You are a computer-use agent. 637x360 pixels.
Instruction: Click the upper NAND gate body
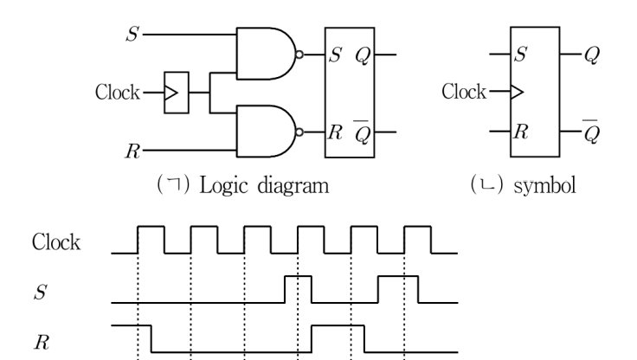(266, 54)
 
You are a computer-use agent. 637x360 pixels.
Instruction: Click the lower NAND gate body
(266, 132)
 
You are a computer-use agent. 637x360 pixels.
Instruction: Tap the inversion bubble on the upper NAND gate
(299, 55)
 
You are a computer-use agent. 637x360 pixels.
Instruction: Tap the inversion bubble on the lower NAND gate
(299, 132)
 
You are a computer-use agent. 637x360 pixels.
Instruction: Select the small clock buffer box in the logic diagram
(177, 93)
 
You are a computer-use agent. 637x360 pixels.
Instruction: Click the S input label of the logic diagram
(132, 34)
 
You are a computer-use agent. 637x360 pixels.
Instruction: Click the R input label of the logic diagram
(132, 151)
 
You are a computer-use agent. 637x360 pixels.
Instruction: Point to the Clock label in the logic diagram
(118, 93)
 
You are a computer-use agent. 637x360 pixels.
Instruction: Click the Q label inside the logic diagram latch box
(363, 55)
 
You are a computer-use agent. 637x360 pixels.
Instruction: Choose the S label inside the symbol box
(520, 54)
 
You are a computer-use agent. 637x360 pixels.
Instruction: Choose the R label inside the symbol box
(521, 132)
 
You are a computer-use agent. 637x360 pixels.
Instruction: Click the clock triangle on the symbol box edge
(517, 92)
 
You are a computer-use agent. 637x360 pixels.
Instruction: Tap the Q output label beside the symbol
(591, 55)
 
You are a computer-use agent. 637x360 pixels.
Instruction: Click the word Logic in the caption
(223, 187)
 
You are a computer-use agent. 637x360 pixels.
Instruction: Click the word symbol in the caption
(544, 186)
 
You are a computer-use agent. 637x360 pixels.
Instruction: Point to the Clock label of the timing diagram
(56, 242)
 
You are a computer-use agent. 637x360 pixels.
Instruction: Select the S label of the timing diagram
(40, 292)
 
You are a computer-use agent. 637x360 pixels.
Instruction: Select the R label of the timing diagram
(42, 342)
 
